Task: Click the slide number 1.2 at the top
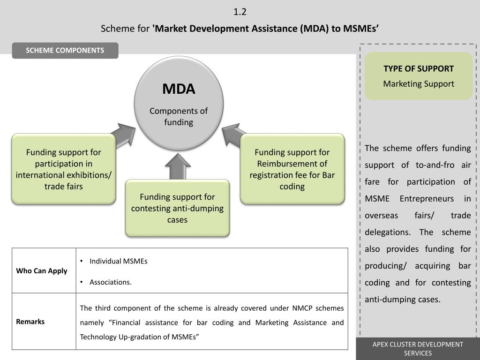[x=240, y=12]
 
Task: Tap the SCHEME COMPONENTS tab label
[x=65, y=51]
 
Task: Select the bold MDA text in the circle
[x=179, y=89]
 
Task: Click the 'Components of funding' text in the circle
[x=179, y=116]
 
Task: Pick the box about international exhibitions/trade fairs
[x=63, y=169]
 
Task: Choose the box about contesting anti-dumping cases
[x=177, y=208]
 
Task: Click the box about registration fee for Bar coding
[x=292, y=169]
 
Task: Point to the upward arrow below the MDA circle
[x=178, y=166]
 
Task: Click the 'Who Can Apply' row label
[x=42, y=271]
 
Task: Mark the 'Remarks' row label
[x=30, y=322]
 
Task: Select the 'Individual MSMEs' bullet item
[x=118, y=261]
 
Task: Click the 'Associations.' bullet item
[x=111, y=282]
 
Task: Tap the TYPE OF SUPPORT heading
[x=419, y=68]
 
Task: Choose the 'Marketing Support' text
[x=419, y=84]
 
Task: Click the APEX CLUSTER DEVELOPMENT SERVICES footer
[x=418, y=349]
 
